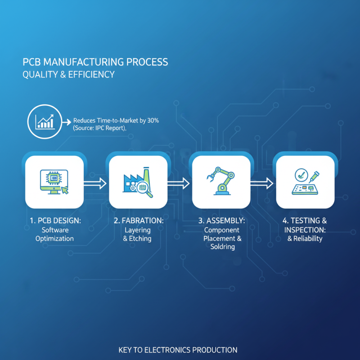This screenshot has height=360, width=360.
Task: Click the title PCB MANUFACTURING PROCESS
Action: (x=95, y=62)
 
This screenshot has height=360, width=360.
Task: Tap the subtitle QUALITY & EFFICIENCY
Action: (x=68, y=74)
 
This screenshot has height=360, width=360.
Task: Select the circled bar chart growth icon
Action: (x=44, y=121)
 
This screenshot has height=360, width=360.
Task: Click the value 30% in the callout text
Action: (x=151, y=121)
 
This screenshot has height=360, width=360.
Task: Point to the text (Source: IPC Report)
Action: (x=99, y=128)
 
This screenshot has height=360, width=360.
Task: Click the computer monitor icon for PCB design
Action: (x=53, y=181)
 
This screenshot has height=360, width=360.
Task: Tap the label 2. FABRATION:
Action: (x=138, y=221)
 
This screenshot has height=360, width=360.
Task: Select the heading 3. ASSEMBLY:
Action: (x=222, y=221)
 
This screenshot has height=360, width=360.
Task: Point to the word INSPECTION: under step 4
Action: (x=305, y=230)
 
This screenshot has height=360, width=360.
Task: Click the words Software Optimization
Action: (x=54, y=234)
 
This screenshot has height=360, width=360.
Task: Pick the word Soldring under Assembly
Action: (x=222, y=247)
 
